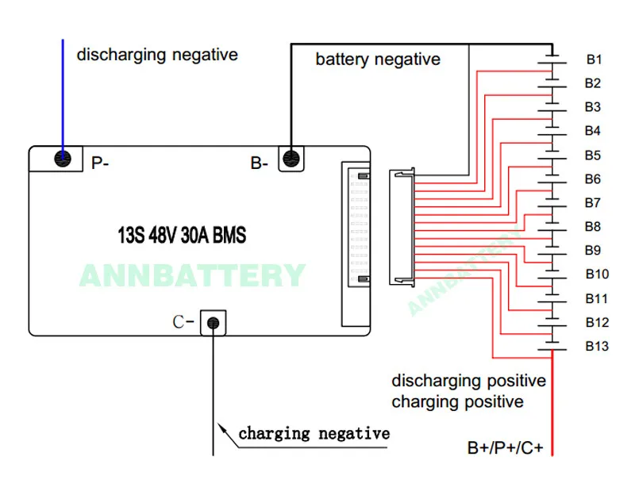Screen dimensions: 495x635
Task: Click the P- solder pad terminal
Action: click(63, 159)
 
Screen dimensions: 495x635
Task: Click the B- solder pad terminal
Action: click(291, 158)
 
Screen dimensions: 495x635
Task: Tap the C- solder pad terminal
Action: click(213, 322)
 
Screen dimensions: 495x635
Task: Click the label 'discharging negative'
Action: click(156, 55)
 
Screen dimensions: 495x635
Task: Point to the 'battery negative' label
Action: click(377, 59)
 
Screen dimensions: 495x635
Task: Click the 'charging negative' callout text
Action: click(314, 434)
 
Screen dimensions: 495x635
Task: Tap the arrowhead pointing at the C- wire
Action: click(223, 430)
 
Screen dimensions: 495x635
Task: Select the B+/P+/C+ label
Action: click(505, 448)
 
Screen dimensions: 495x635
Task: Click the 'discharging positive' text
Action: click(468, 381)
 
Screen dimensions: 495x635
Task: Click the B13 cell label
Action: click(597, 346)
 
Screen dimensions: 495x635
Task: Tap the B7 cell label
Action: click(593, 203)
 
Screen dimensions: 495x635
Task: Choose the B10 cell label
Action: click(597, 274)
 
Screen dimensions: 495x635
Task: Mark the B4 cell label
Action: click(593, 131)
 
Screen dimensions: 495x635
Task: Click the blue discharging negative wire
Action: click(63, 87)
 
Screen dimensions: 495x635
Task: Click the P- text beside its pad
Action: click(100, 163)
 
